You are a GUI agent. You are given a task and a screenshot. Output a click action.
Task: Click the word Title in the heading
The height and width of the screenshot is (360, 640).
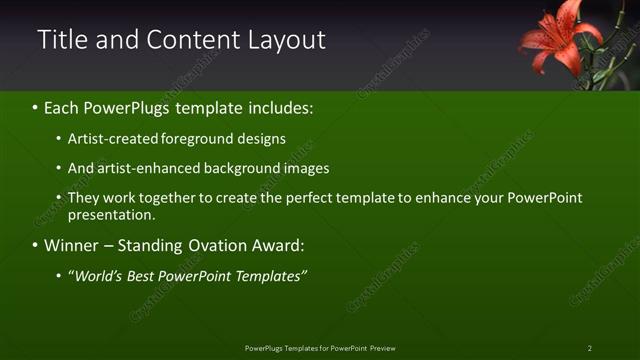pos(58,40)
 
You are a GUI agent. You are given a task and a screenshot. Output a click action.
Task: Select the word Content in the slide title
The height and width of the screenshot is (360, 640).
pos(189,40)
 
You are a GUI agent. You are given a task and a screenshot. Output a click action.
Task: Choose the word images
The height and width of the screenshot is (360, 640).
pos(306,169)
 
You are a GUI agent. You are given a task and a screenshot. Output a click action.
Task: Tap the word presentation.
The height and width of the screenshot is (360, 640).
pos(111,214)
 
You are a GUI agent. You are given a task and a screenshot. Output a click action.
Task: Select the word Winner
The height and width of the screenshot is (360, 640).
pos(68,245)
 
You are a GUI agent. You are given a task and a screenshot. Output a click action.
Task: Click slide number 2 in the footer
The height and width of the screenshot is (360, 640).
pos(590,348)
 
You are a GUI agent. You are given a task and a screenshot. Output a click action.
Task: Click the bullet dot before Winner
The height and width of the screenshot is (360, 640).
pos(35,245)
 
